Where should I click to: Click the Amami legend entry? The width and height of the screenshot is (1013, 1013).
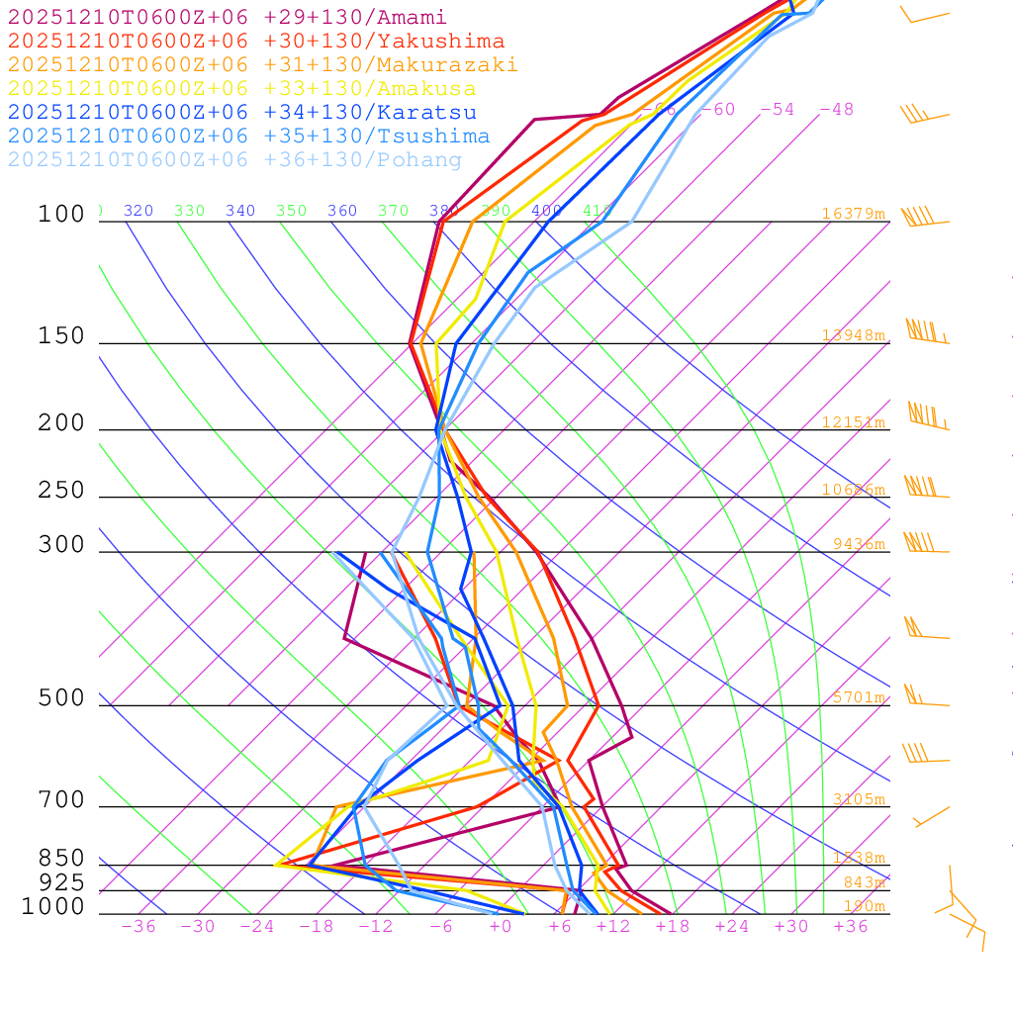coord(228,18)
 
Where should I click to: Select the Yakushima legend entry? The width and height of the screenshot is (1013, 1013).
coord(256,42)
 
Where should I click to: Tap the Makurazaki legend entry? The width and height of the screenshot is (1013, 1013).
coord(263,65)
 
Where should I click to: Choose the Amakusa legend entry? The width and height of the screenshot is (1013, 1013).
coord(242,89)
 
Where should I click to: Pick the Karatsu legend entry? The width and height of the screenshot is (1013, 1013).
coord(242,113)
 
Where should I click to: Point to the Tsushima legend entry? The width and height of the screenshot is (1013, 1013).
coord(249,137)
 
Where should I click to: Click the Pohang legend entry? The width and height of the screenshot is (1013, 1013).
coord(235,160)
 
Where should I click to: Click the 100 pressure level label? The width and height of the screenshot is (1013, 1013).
coord(61,215)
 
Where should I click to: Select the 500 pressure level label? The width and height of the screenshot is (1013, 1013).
coord(61,699)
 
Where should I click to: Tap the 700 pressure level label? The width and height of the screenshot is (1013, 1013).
coord(61,800)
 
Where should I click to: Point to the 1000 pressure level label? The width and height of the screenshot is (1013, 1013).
coord(52,907)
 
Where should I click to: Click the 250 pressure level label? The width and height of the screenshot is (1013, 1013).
coord(61,491)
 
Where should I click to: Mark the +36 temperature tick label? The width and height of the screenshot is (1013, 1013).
coord(851,927)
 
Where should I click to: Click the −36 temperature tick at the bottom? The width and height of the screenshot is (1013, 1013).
coord(138,927)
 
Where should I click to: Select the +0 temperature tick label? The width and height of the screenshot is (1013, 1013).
coord(501,927)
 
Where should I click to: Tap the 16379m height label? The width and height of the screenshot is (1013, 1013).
coord(853,214)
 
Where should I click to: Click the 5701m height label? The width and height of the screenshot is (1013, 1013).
coord(858,697)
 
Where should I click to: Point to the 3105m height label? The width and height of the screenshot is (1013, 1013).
coord(858,799)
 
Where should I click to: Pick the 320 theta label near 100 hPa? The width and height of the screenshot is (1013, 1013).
coord(138,211)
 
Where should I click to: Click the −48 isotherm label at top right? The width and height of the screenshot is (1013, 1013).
coord(836,110)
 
